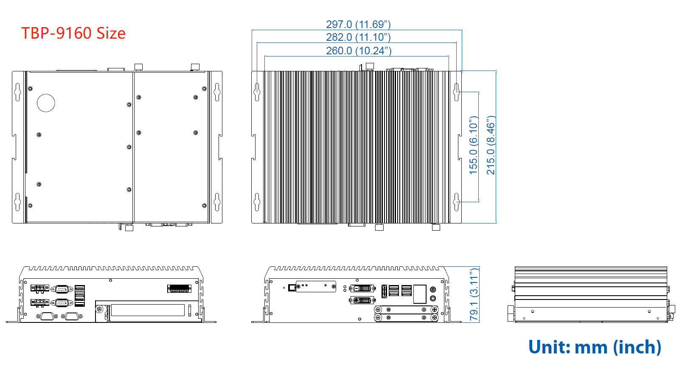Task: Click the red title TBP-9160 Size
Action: [73, 33]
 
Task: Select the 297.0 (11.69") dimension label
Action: [358, 24]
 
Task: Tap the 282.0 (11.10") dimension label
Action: [358, 37]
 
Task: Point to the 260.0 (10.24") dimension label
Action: [359, 51]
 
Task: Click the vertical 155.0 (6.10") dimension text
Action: [473, 145]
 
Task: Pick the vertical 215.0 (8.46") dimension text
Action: [491, 145]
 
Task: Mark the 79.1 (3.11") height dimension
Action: [474, 294]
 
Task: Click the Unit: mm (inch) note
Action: [595, 347]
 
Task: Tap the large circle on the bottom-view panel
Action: [46, 103]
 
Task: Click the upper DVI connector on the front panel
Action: [363, 288]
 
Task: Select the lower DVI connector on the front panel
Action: [362, 300]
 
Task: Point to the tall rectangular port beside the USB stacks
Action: [420, 294]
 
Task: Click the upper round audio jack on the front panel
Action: [433, 289]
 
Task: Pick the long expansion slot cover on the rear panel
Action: [148, 310]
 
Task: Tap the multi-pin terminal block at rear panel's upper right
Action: [179, 288]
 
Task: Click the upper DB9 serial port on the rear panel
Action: [62, 289]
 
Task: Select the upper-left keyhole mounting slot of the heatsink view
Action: [257, 92]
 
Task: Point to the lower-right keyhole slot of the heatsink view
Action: [457, 202]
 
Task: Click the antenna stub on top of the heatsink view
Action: [370, 67]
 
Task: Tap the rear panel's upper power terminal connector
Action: [40, 288]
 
